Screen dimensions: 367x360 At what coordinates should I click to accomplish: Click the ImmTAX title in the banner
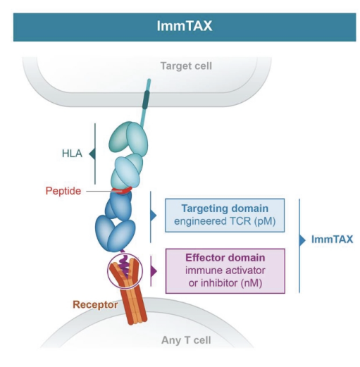coord(180,26)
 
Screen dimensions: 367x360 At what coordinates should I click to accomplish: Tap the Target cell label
coord(185,67)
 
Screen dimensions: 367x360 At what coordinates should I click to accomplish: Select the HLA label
coord(70,151)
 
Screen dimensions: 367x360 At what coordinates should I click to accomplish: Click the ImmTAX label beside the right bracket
coord(332,240)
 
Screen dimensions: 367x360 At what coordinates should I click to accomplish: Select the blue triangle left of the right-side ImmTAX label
coord(304,240)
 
